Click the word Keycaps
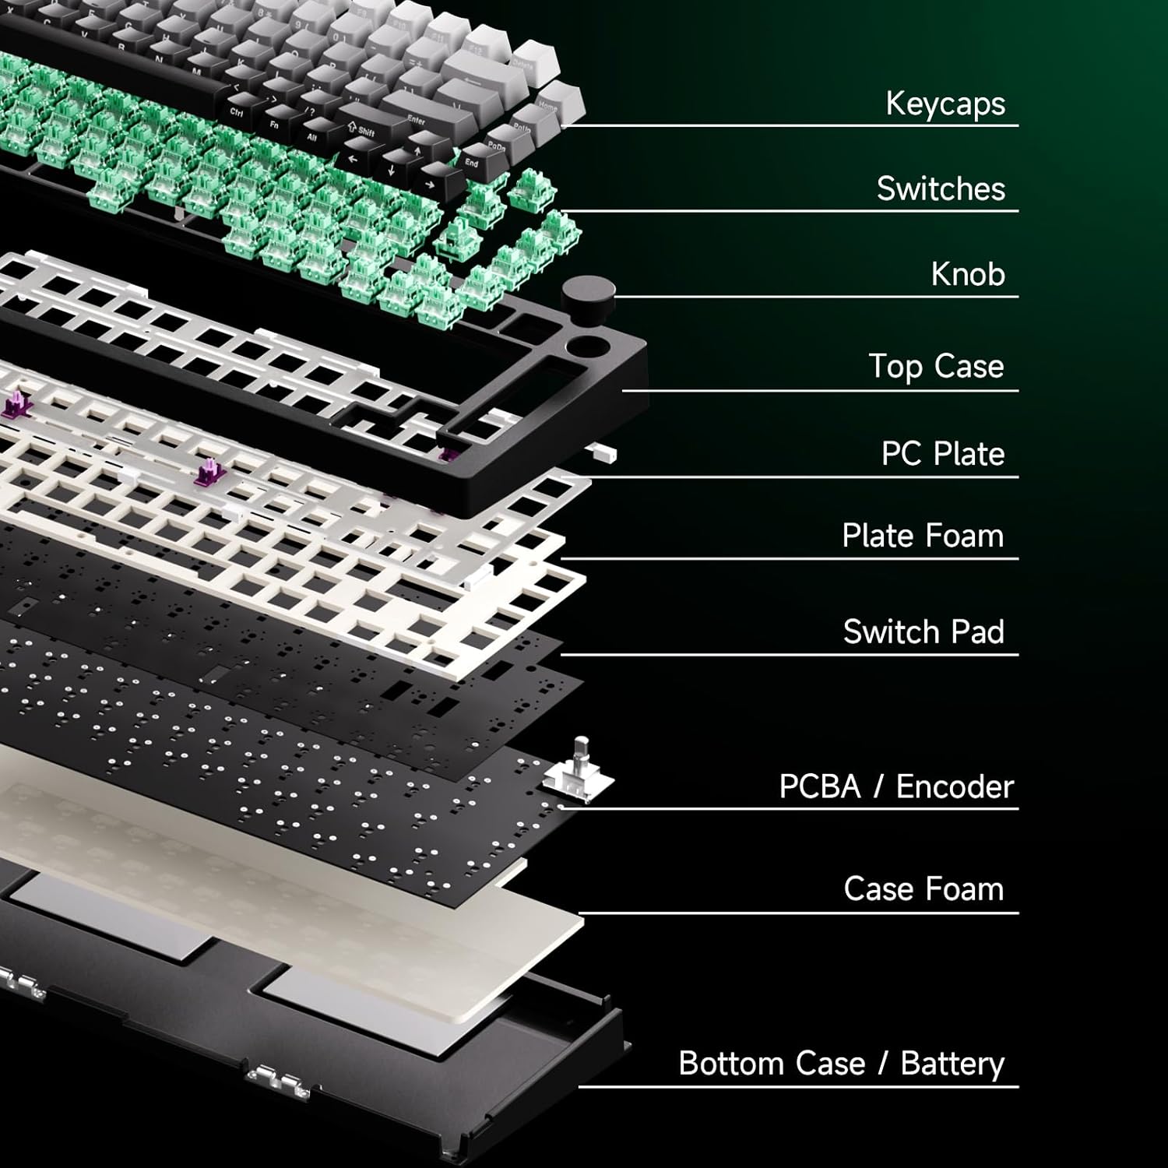945,104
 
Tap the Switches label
941,188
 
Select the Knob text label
968,274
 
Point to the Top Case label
936,366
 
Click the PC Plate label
942,454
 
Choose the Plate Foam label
923,536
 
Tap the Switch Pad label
923,631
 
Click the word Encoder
955,786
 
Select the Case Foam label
923,888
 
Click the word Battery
952,1064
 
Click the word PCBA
820,786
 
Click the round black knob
588,295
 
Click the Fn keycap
274,124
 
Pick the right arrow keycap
431,185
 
